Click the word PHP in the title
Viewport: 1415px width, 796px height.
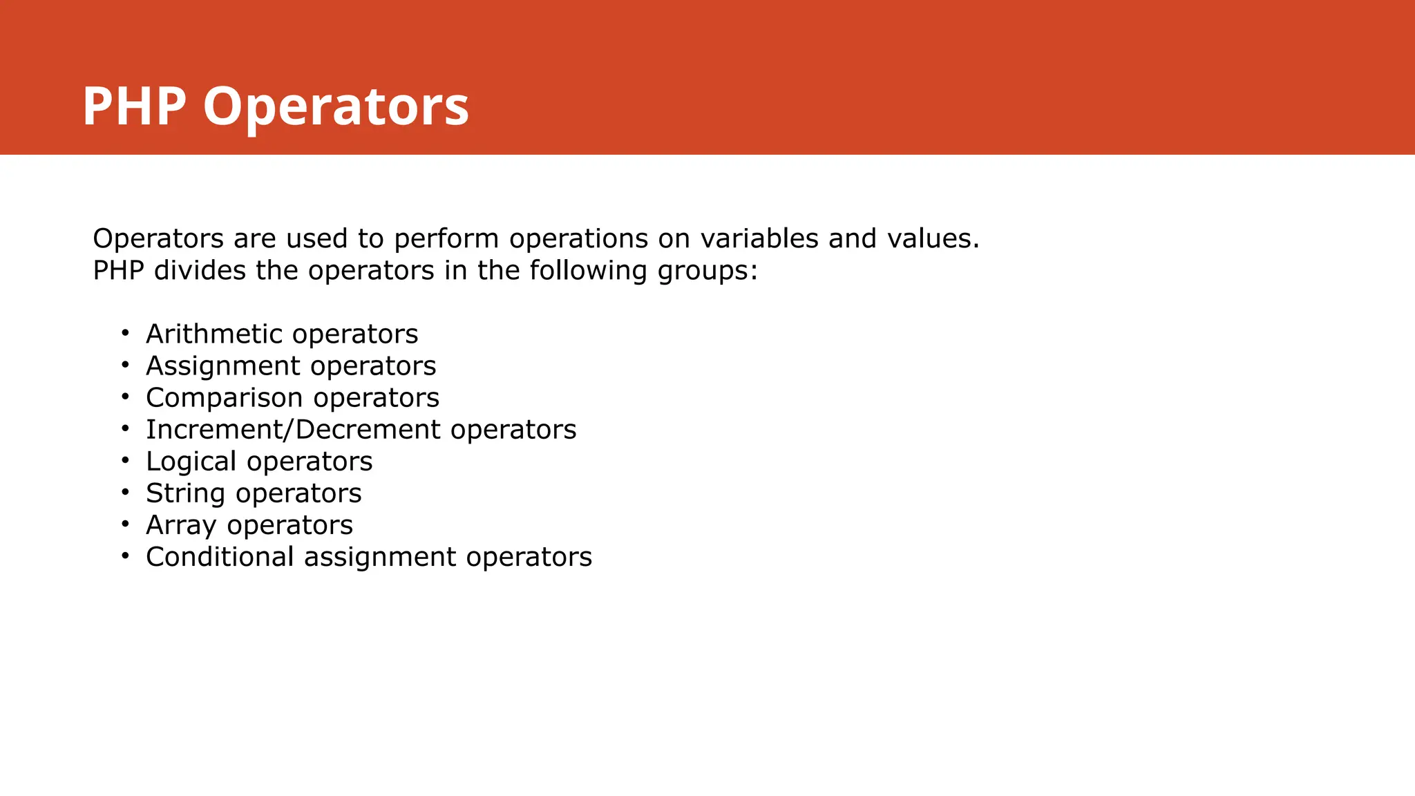pos(134,106)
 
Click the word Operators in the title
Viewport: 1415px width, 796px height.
pos(336,108)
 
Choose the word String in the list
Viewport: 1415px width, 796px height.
pos(185,494)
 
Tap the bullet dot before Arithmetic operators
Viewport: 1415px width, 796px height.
pos(125,334)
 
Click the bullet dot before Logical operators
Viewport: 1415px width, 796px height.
pos(125,461)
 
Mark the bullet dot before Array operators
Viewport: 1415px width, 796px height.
pos(125,524)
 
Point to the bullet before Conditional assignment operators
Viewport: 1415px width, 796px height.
pos(125,556)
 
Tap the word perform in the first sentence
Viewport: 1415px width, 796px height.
pos(446,239)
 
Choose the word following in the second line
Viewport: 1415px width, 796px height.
pos(589,271)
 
